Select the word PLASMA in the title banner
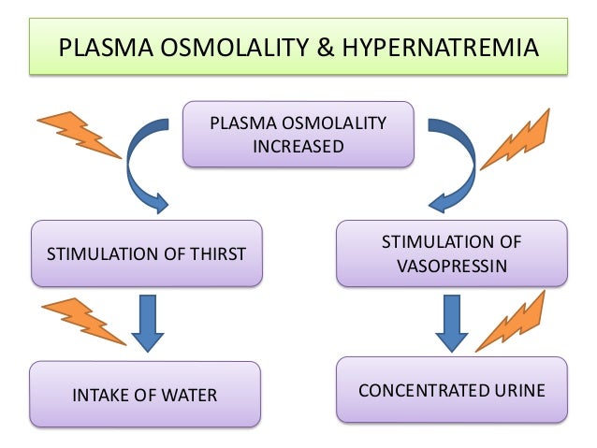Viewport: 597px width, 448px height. pos(102,48)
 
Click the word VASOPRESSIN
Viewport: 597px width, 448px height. pos(451,265)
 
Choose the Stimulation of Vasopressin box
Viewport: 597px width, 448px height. pos(451,253)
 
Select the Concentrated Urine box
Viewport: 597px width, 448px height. pos(451,389)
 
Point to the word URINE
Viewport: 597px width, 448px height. pos(515,389)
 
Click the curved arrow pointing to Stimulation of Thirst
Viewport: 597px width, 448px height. pos(138,165)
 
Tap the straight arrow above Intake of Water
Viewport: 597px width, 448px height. pos(147,323)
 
